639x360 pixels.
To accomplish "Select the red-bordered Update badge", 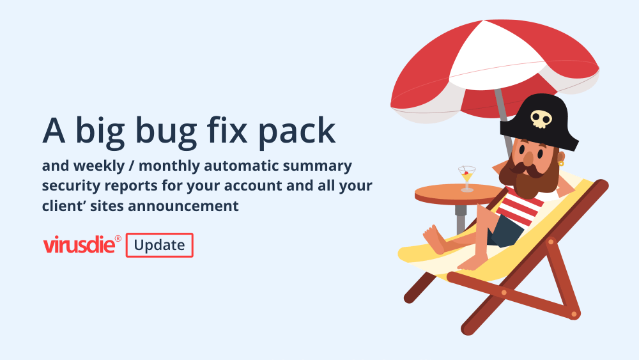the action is click(x=159, y=245).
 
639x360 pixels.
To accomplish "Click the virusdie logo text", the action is click(x=79, y=245).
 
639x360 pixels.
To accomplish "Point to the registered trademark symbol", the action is click(x=118, y=239).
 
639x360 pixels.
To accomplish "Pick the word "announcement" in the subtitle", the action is click(x=183, y=206).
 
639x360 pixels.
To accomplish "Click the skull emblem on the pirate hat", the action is click(x=541, y=119).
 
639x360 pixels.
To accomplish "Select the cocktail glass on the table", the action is click(x=466, y=178).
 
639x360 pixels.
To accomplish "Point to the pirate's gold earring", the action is click(x=561, y=164).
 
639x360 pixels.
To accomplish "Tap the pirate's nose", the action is click(x=528, y=159).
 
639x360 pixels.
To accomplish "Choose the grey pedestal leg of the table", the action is click(x=461, y=219).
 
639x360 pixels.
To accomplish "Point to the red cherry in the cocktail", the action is click(x=466, y=173).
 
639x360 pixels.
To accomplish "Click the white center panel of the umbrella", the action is click(x=495, y=55).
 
